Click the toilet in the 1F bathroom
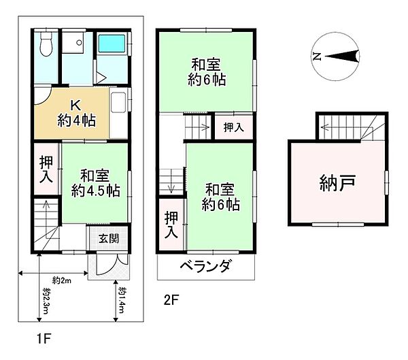(45, 46)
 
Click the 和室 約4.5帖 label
(95, 182)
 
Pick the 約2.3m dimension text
(46, 300)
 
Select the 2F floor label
(171, 297)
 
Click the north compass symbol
(338, 56)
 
